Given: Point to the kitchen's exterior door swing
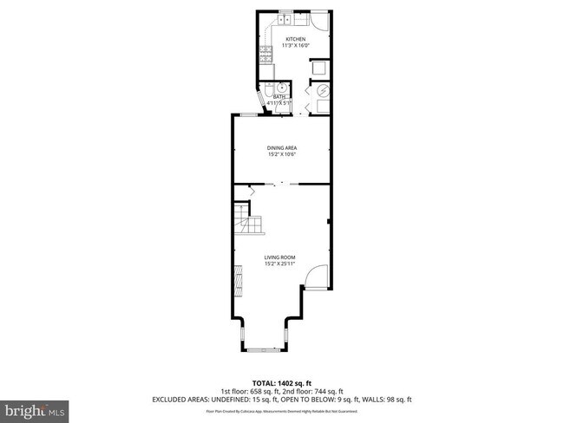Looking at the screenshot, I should coord(319,23).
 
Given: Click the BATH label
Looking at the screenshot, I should coord(279,97).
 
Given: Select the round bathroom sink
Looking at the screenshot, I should coord(281,88).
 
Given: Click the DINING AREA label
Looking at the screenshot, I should coord(281,148).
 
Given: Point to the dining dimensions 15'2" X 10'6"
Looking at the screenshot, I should coord(281,154).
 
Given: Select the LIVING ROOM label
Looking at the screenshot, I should coord(281,257).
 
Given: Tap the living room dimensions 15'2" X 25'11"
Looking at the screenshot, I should coord(281,264).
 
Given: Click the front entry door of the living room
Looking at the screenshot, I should coord(319,277).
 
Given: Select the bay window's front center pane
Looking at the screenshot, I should coord(264,349).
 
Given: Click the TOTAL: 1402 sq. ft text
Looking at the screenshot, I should coord(281,382).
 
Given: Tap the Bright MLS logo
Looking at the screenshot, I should coord(35,408).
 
